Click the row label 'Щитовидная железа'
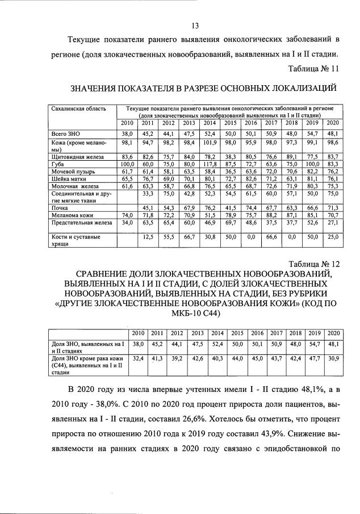coord(77,156)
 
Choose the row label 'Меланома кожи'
coord(72,215)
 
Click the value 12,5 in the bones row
coord(148,236)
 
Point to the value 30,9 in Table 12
coord(333,359)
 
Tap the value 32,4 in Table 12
coord(137,359)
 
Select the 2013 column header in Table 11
coord(189,123)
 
